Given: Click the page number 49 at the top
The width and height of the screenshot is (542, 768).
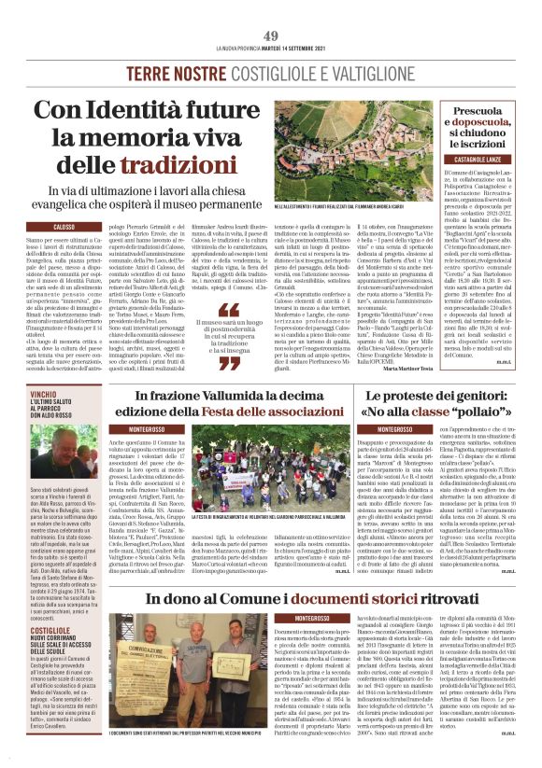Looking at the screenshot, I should pos(271,9).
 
